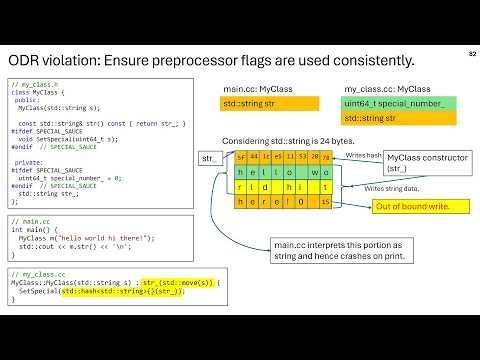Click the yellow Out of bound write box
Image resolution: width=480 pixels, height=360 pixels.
tap(411, 206)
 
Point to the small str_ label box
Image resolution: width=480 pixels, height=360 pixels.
tap(210, 158)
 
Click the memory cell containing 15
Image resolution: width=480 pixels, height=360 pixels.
tap(326, 203)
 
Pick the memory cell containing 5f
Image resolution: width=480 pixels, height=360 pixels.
tap(240, 158)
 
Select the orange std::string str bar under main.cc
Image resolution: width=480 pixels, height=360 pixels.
tap(270, 103)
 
